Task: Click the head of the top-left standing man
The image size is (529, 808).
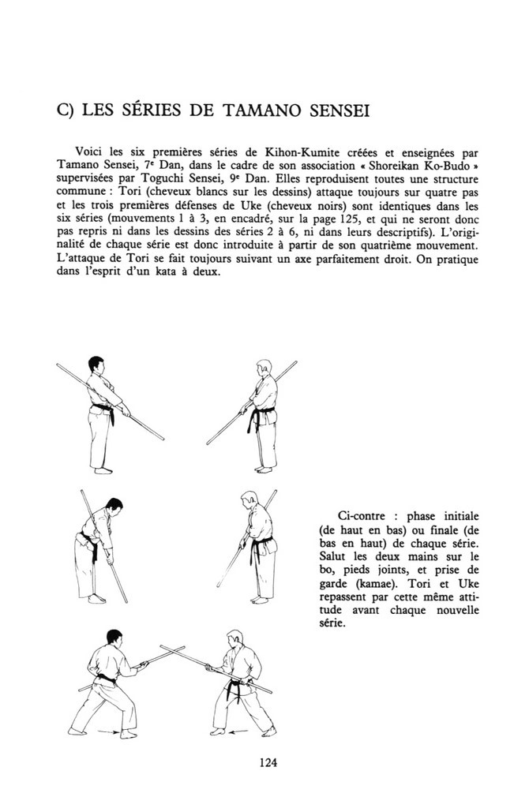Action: [x=96, y=365]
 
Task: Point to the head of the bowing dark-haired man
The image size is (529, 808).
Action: [x=114, y=506]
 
